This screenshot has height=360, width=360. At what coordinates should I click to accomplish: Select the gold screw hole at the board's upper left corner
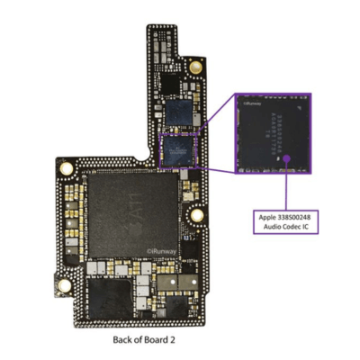pos(65,168)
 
